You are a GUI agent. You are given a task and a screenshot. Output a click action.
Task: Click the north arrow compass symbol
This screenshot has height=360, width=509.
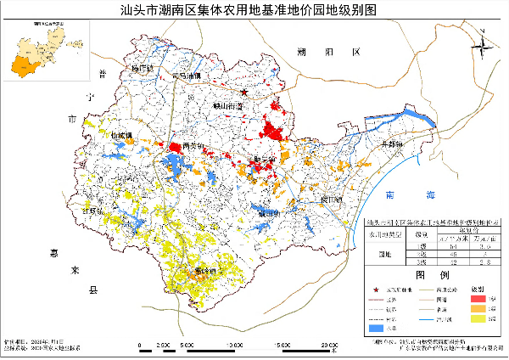(x=482, y=42)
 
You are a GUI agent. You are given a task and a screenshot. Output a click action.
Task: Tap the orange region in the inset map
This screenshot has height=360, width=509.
(x=20, y=65)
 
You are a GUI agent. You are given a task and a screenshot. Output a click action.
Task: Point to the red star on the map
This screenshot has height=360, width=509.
(x=243, y=93)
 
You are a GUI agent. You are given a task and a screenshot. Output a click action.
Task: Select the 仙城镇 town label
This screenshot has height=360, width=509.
(x=123, y=135)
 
